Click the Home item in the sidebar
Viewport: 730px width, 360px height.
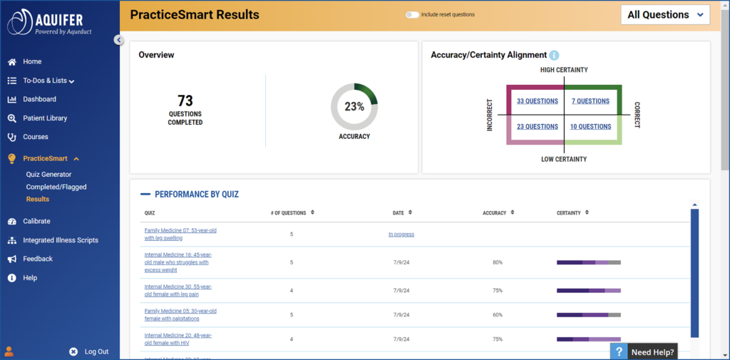(x=32, y=61)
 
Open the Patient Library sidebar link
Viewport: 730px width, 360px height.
(x=44, y=118)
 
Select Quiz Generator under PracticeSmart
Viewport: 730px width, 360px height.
(x=48, y=174)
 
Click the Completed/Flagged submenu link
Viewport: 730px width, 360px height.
(x=56, y=187)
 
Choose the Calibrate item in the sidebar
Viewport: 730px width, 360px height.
(x=36, y=221)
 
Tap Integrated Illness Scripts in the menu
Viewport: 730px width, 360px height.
(x=60, y=240)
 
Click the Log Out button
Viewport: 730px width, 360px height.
(x=96, y=351)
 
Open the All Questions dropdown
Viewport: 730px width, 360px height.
(x=664, y=15)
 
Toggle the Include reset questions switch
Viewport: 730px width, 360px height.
(x=412, y=14)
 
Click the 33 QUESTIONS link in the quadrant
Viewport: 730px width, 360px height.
(x=538, y=101)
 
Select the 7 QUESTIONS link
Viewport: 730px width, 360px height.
(x=590, y=101)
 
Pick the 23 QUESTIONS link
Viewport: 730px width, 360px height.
(x=538, y=127)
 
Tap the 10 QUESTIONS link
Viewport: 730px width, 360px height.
(x=590, y=127)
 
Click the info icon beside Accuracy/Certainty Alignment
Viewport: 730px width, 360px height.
(x=554, y=55)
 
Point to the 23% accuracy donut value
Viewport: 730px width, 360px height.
(x=354, y=107)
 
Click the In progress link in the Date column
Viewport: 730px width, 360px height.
(x=401, y=234)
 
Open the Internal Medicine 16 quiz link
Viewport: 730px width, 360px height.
(x=178, y=262)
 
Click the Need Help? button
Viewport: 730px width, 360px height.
(x=643, y=351)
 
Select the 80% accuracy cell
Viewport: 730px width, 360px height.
(x=497, y=262)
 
